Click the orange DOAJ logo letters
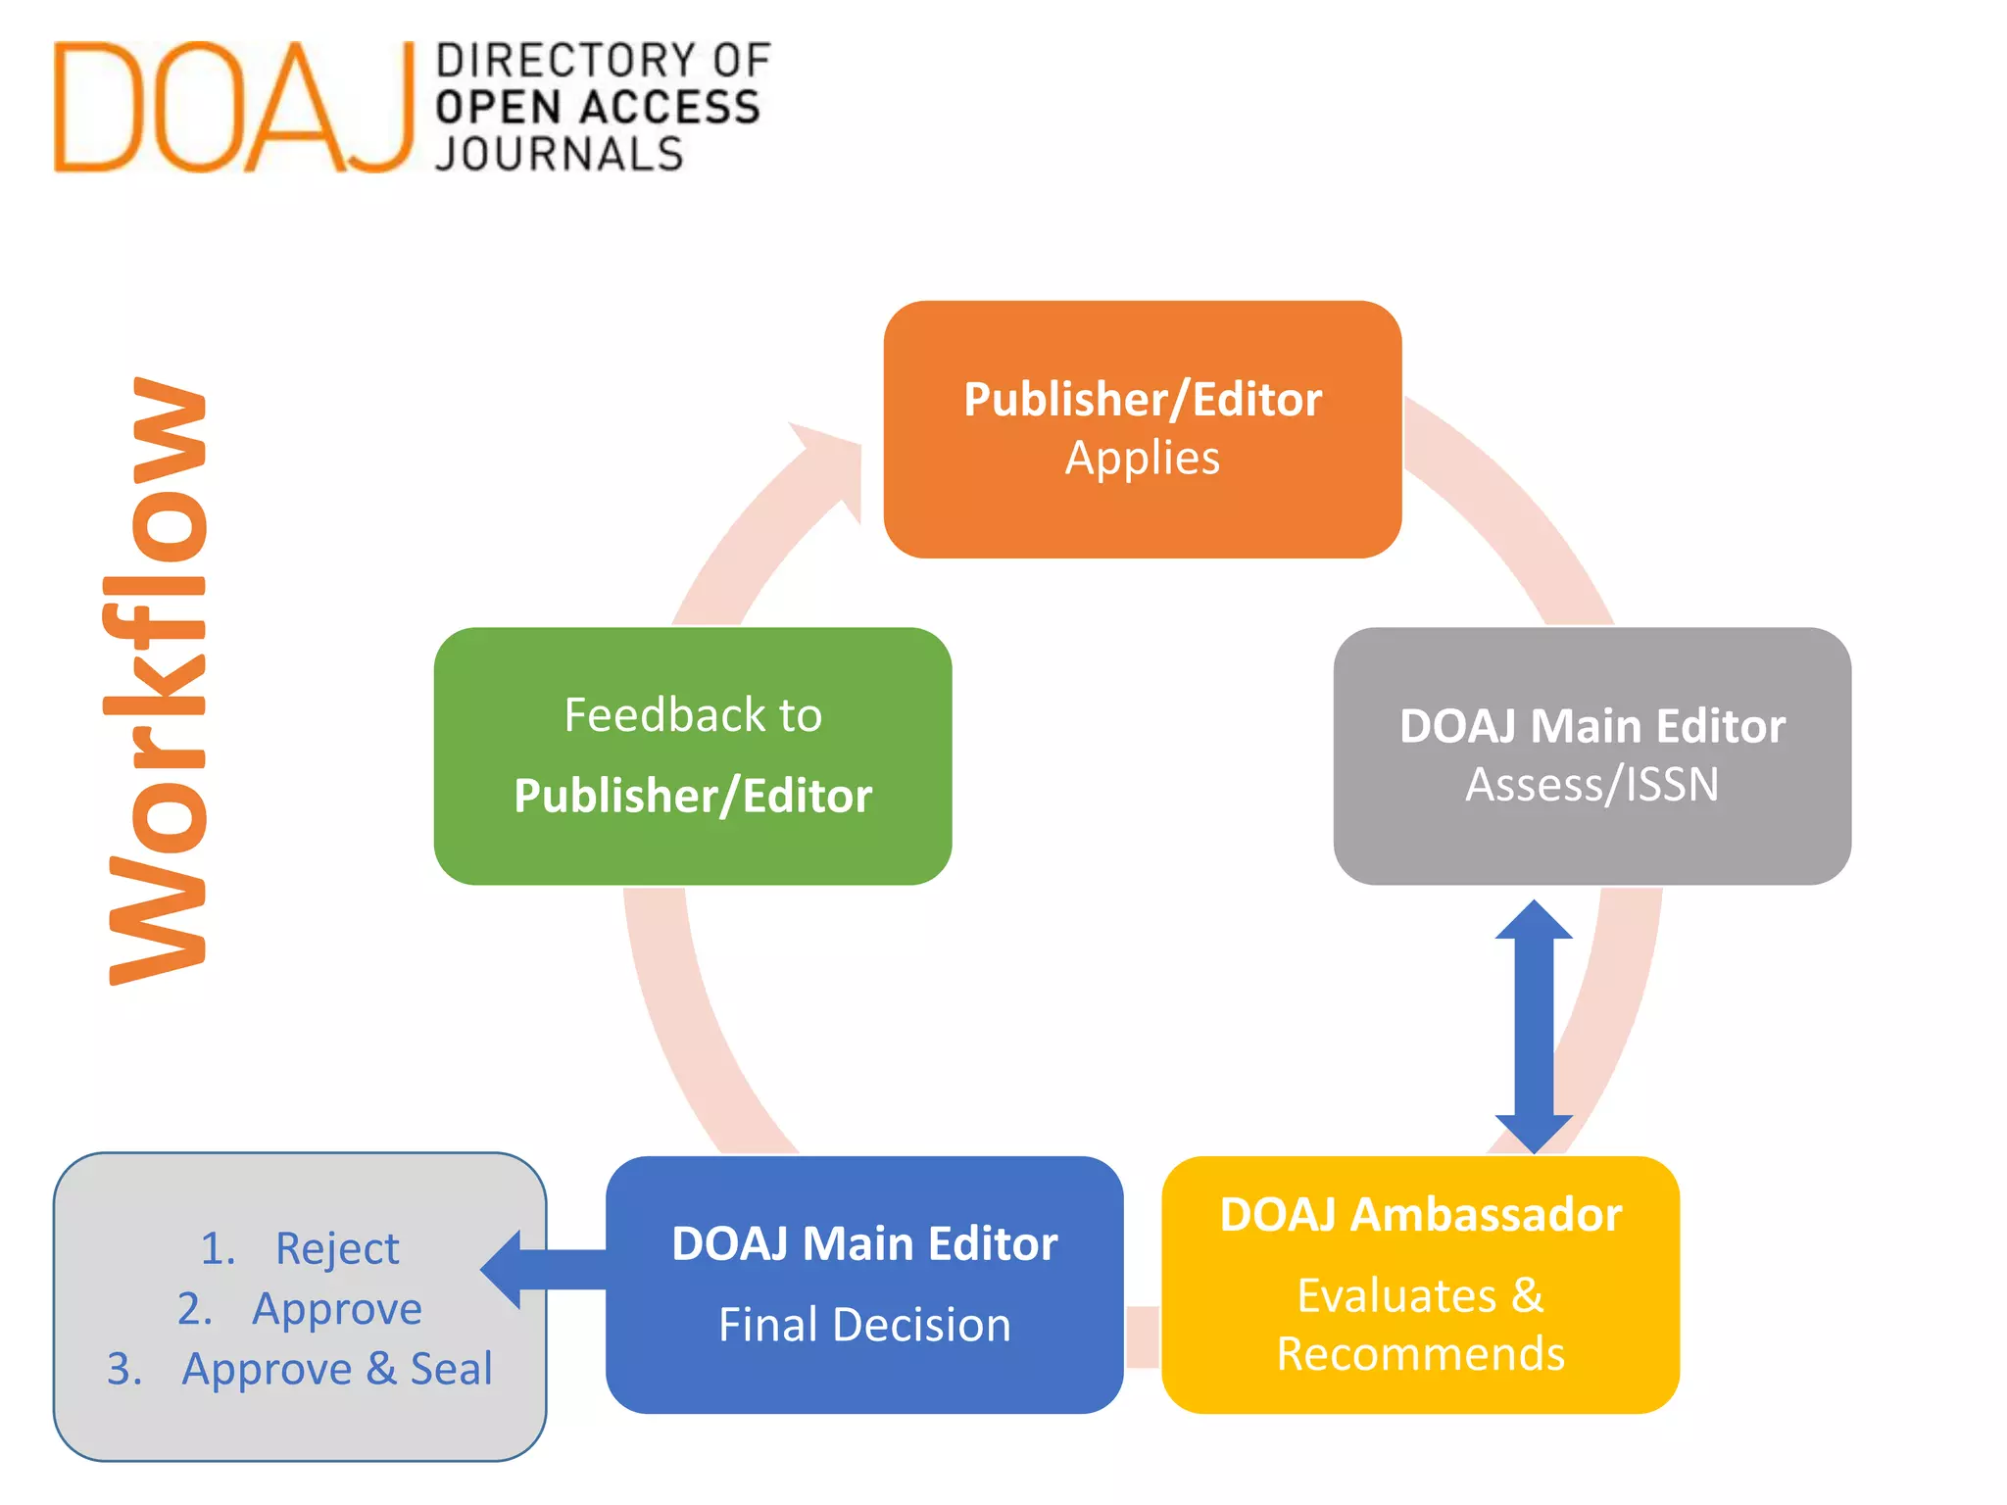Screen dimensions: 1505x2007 coord(233,108)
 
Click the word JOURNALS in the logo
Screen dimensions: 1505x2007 coord(560,155)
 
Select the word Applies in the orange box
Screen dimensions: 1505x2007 coord(1143,459)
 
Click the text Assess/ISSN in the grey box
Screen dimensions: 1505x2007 coord(1591,785)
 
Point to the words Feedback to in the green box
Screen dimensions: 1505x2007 coord(693,715)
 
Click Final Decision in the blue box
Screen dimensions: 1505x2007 coord(864,1325)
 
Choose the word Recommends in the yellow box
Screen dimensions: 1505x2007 coord(1420,1354)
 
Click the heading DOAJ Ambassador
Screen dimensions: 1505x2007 coord(1420,1215)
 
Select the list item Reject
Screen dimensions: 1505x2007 coord(337,1248)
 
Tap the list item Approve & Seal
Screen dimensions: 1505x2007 coord(337,1369)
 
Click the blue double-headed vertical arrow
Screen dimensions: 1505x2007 coord(1534,1026)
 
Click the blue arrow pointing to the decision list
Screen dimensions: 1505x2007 coord(544,1269)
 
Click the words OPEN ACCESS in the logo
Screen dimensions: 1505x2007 coord(598,107)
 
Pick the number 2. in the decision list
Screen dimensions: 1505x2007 coord(194,1309)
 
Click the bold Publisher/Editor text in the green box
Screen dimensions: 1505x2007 coord(693,796)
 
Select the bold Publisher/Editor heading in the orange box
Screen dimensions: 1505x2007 coord(1143,400)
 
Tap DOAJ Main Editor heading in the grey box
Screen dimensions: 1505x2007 coord(1591,726)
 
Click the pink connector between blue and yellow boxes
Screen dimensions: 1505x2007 coord(1143,1336)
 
